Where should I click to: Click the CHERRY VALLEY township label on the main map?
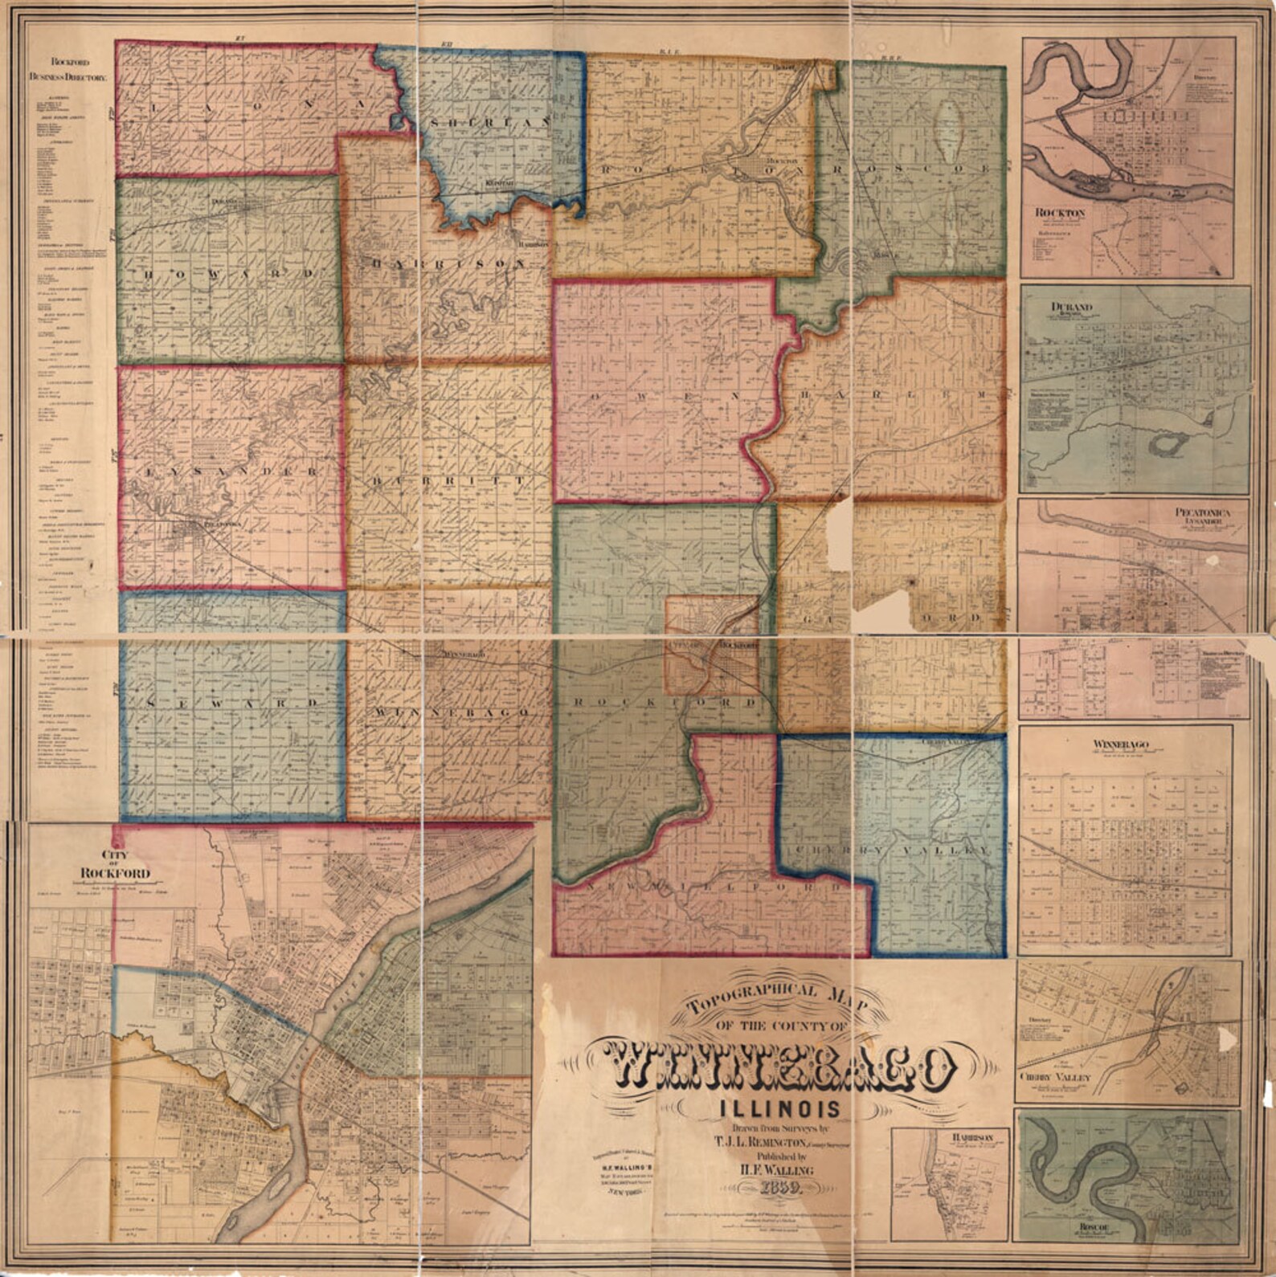click(893, 850)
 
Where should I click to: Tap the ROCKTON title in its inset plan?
click(1060, 212)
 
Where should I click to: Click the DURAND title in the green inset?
click(1071, 307)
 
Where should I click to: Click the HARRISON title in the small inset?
click(974, 1137)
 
